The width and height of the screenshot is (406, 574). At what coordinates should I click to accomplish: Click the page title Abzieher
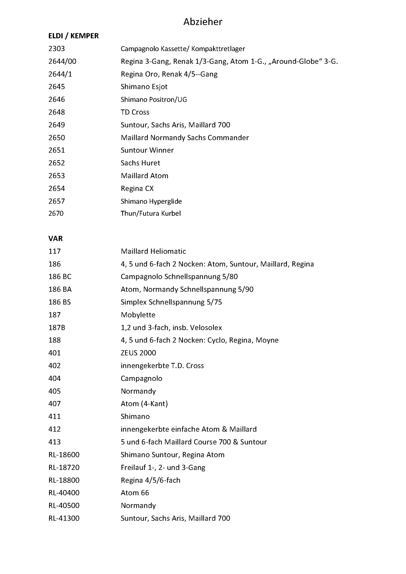pos(203,22)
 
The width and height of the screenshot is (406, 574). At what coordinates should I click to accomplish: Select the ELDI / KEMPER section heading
pos(74,36)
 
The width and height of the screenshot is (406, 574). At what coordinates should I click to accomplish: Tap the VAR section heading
pos(56,239)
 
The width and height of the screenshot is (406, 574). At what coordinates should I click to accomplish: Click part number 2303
pos(57,49)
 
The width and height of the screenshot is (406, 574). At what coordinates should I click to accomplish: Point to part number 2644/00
pos(62,61)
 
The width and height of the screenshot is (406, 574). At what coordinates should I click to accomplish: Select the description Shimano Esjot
pos(144,87)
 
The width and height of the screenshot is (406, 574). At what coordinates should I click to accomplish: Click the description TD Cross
pos(135,112)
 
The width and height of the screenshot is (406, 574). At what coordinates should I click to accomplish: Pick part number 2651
pos(57,150)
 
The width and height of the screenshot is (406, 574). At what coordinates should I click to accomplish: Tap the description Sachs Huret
pos(140,163)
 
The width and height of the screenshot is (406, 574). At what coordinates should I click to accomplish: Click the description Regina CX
pos(137,188)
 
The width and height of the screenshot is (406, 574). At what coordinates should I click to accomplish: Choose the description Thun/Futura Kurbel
pos(151,213)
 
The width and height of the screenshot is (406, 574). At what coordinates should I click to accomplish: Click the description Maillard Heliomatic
pos(153,251)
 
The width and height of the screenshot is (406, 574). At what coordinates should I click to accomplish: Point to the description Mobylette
pos(138,315)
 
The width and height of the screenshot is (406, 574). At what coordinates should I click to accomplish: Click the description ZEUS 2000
pos(138,353)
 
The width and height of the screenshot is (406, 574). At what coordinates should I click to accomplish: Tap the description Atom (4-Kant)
pos(144,404)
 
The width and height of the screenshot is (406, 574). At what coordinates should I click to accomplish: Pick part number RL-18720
pos(64,467)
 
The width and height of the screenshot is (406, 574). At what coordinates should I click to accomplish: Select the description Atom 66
pos(135,493)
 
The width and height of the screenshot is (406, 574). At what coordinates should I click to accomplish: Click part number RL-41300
pos(64,518)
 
